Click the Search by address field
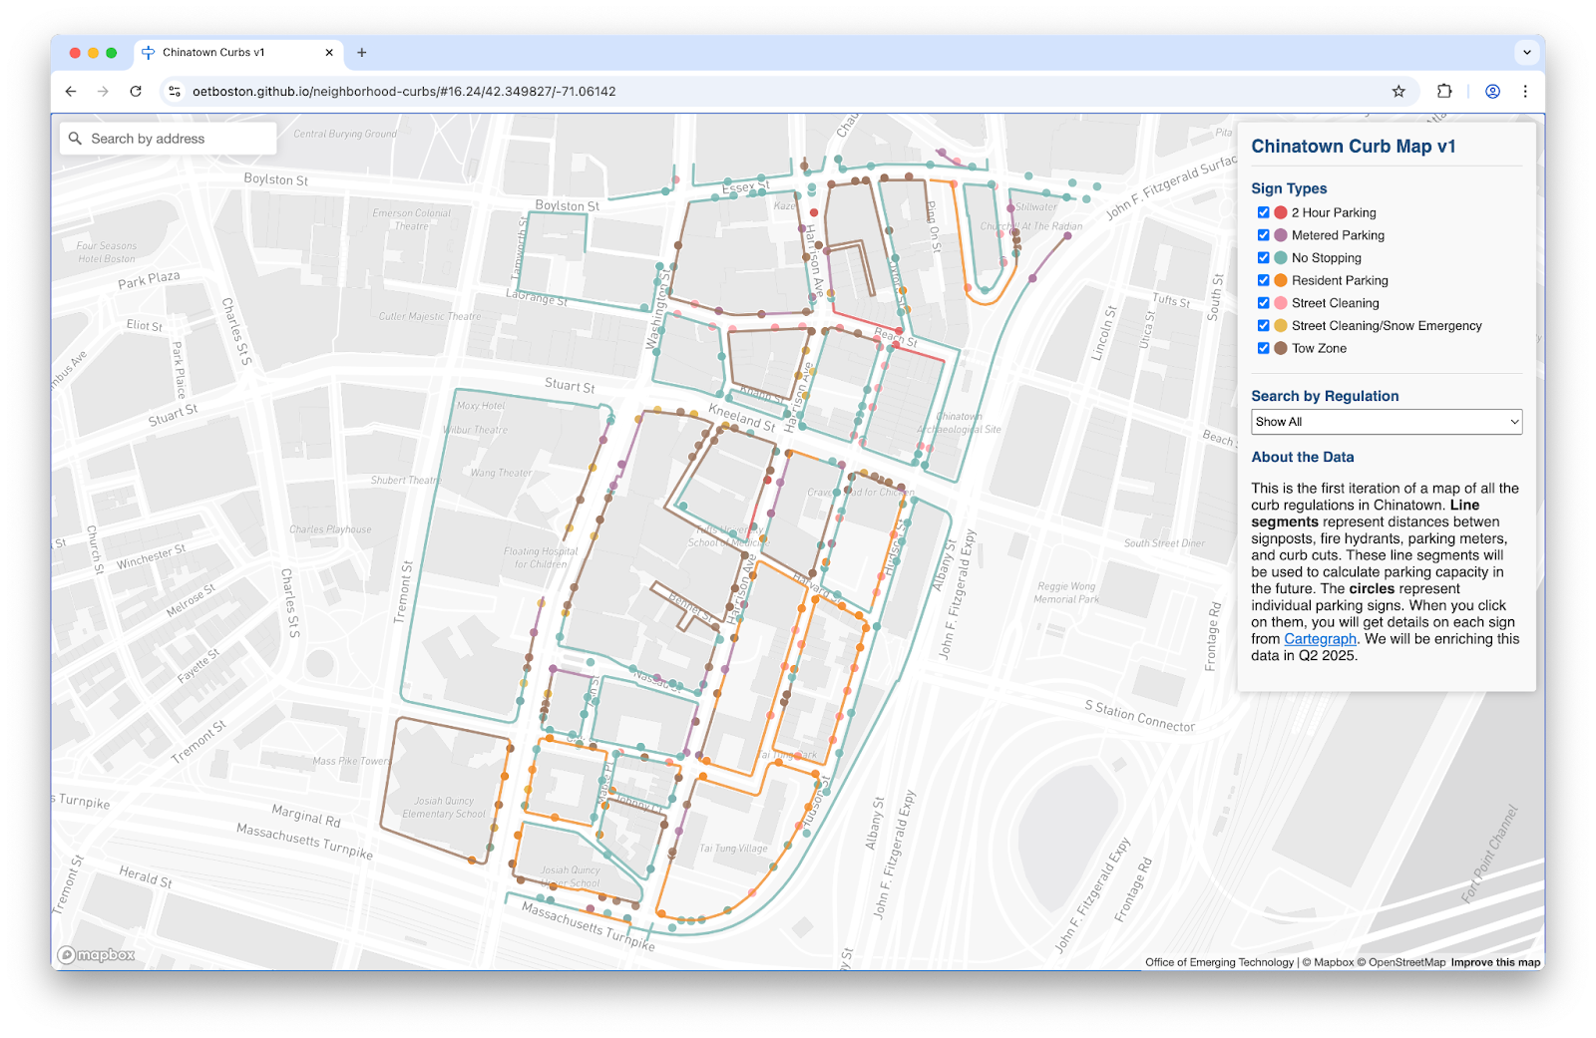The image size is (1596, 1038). coord(168,139)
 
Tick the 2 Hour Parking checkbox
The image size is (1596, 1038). coord(1263,212)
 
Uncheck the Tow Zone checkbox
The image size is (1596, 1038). coord(1263,348)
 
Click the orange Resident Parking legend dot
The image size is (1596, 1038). coord(1280,280)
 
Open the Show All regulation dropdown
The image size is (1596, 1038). coord(1386,422)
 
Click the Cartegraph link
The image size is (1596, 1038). coord(1320,639)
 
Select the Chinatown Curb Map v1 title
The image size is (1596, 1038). coord(1353,147)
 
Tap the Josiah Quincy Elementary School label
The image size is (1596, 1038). coord(444,808)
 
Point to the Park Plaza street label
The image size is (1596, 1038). coord(149,279)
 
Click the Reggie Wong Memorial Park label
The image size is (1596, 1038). coord(1066,593)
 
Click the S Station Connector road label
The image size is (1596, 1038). coord(1139,716)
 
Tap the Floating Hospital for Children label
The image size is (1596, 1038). coord(540,557)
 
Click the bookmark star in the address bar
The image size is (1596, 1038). coord(1398,92)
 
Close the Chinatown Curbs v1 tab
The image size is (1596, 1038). coord(329,53)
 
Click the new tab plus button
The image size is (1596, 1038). coord(362,53)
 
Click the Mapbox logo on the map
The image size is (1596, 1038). coord(96,955)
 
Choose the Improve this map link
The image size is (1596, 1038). coord(1495,962)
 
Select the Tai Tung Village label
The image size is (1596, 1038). coord(733,849)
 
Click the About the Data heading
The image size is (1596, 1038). coord(1302,457)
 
